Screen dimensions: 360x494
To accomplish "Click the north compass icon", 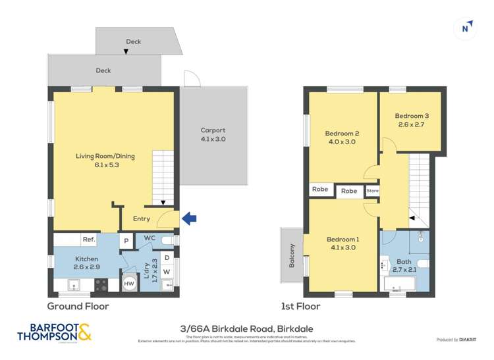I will coord(466,27).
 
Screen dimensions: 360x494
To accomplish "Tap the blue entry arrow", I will coord(189,219).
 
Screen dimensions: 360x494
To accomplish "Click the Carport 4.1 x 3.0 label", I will coord(213,135).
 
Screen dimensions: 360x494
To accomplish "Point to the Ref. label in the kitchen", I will coord(88,240).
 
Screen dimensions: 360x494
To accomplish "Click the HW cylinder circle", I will coord(130,283).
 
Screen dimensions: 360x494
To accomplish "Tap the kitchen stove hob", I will coord(102,284).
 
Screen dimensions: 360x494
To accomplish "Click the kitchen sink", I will coord(74,284).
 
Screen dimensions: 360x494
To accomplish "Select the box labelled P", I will coord(125,241).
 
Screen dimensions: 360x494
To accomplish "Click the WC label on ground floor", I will coord(149,238).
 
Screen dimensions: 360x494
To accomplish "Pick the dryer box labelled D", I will coord(167,257).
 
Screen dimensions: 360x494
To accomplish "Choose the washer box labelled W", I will coord(167,271).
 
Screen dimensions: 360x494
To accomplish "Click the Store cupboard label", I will coord(372,191).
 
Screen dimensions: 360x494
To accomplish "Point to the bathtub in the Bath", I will coord(400,284).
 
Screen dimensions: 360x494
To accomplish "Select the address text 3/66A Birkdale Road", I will coord(246,328).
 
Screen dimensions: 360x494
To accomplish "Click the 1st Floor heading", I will coord(301,306).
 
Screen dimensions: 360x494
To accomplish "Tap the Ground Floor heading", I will coord(78,306).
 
